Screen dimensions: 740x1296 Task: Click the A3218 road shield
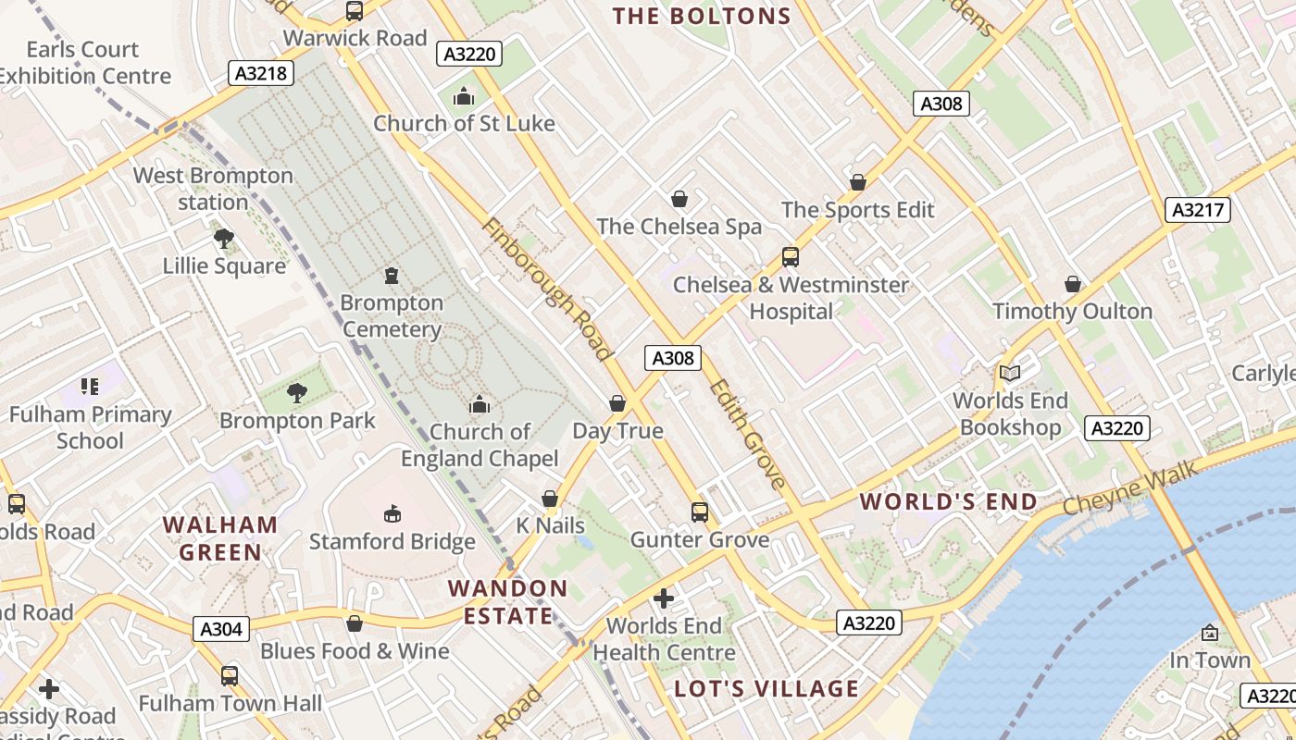(x=260, y=73)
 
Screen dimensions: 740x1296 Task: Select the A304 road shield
(x=222, y=630)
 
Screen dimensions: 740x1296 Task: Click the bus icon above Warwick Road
(x=355, y=11)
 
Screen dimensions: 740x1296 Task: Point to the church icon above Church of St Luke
(x=464, y=96)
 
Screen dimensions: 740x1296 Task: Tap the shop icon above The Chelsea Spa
(x=679, y=199)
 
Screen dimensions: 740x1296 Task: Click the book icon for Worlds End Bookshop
(x=1009, y=373)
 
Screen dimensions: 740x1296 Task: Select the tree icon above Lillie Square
(x=223, y=239)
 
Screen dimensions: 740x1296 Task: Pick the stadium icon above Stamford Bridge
(x=393, y=513)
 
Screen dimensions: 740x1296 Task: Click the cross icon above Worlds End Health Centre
(x=664, y=598)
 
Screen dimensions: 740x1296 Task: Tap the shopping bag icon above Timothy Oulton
(x=1073, y=284)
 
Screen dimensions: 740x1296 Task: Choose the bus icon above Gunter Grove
(x=700, y=512)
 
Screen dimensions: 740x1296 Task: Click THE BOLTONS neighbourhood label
(x=703, y=16)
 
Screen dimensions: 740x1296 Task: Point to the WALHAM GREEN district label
(x=220, y=538)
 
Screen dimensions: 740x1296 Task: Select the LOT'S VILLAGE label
(x=766, y=689)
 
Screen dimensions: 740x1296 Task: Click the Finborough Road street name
(x=547, y=290)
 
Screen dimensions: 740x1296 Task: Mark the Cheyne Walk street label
(x=1130, y=489)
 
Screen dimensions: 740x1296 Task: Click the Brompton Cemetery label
(x=392, y=315)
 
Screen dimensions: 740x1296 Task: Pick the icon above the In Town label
(x=1209, y=633)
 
